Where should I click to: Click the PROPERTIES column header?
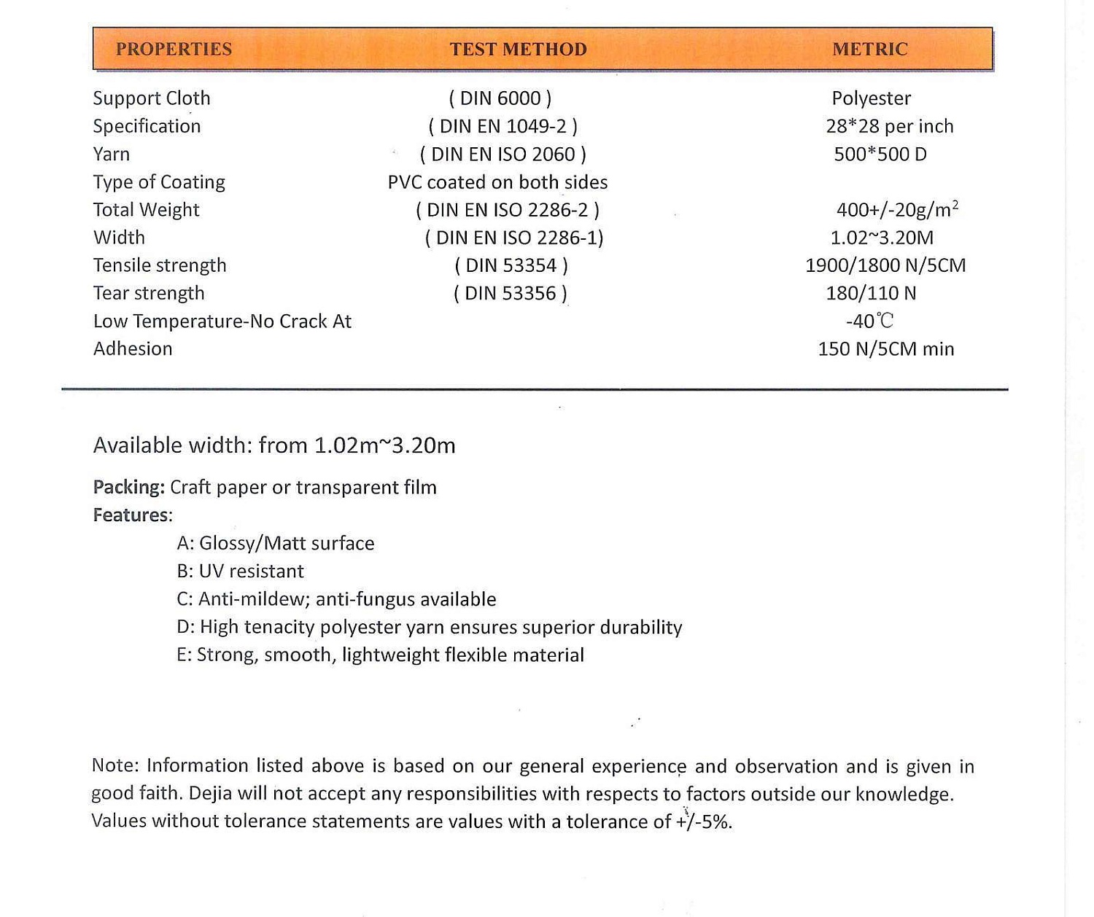tap(174, 49)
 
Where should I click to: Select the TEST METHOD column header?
tap(518, 49)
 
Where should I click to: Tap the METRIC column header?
tap(870, 49)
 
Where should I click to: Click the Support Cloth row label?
tap(152, 98)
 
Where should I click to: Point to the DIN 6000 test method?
tap(500, 98)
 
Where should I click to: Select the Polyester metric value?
tap(872, 98)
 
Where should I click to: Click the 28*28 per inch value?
tap(890, 126)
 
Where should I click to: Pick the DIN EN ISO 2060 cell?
tap(503, 154)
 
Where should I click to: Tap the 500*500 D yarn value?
tap(880, 154)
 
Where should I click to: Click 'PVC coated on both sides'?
tap(497, 182)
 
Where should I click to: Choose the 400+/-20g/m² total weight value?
tap(897, 210)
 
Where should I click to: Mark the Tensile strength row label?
tap(160, 265)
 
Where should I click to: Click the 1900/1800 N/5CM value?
tap(885, 265)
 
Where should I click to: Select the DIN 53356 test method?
tap(511, 293)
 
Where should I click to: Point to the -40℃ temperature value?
tap(869, 321)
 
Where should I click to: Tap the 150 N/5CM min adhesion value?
tap(886, 349)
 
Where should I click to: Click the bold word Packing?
tap(128, 488)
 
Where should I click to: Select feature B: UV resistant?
tap(240, 571)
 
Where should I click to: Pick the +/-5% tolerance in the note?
tap(704, 822)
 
